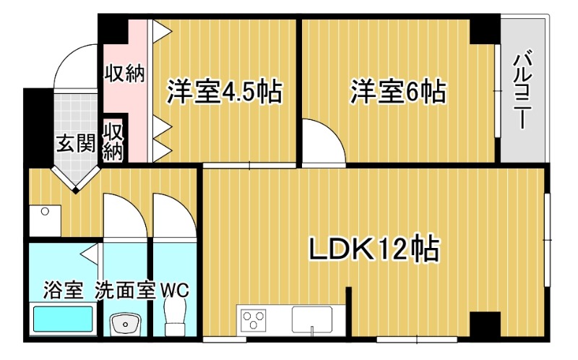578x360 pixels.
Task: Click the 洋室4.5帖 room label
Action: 225,91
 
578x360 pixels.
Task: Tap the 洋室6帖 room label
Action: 398,91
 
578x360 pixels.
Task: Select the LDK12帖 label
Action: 374,248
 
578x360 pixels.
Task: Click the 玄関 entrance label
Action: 77,142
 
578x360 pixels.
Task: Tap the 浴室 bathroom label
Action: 63,290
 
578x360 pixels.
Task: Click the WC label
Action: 174,291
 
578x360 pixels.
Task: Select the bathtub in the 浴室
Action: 63,319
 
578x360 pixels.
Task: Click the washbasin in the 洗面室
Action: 125,324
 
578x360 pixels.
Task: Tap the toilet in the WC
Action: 175,316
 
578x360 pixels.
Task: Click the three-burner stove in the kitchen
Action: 254,320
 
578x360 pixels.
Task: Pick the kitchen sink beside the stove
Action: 312,320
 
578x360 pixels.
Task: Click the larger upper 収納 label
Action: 124,73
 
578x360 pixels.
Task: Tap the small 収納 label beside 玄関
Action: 113,142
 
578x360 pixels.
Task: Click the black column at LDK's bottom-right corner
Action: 485,325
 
